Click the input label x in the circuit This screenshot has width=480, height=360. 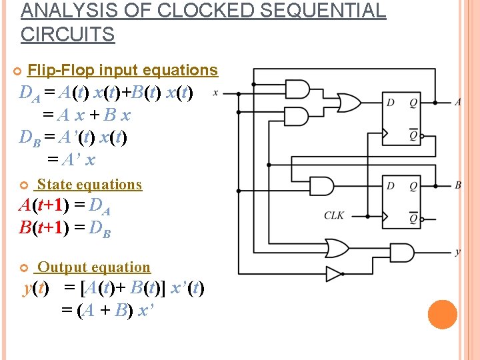click(215, 93)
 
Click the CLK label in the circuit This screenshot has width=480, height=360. click(334, 215)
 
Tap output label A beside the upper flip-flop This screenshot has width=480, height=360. click(457, 102)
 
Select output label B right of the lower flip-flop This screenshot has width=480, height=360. click(458, 185)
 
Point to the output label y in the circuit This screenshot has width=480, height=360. click(457, 251)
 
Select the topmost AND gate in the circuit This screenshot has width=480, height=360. click(298, 89)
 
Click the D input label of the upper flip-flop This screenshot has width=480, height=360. click(391, 102)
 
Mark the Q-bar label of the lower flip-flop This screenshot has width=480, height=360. click(413, 218)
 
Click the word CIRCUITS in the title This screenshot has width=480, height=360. click(68, 34)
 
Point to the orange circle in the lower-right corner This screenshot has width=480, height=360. click(443, 315)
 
